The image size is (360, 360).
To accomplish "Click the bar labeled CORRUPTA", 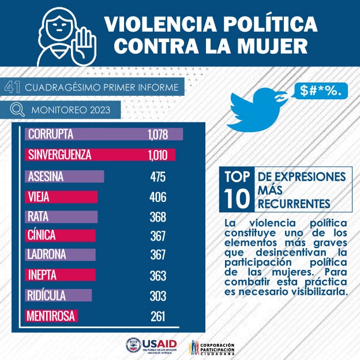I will coord(104,134).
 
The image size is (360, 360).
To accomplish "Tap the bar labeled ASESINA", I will coord(65,176).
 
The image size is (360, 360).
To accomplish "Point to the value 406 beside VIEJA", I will coord(157,197).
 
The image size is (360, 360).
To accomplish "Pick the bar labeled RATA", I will coord(62,217).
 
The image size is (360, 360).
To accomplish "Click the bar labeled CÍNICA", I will coord(62,236).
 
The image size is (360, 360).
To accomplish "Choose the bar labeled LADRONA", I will coord(61,254).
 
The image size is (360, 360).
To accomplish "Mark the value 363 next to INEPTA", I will coord(157,275).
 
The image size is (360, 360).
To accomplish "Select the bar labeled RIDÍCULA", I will coord(59,295).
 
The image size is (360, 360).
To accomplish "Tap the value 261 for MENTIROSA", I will coord(157,316).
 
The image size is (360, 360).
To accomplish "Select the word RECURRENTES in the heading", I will coord(294,204).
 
